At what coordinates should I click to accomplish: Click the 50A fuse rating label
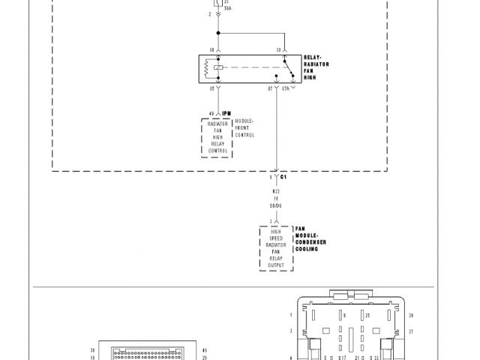(226, 9)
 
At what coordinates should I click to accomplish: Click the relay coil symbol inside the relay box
(217, 68)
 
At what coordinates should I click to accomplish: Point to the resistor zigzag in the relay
(206, 69)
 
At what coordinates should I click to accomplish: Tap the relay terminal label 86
(212, 50)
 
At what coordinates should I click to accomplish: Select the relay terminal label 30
(278, 50)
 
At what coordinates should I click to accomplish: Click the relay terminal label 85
(212, 88)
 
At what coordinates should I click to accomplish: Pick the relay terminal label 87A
(285, 88)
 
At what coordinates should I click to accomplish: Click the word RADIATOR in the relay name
(316, 64)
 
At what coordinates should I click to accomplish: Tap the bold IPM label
(226, 113)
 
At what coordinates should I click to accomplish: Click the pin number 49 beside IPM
(211, 113)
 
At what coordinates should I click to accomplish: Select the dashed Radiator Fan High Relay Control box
(217, 137)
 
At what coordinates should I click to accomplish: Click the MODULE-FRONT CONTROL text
(244, 128)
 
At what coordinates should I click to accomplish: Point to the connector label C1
(284, 178)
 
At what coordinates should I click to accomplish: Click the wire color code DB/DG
(276, 205)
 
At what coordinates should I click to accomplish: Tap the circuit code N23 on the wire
(276, 192)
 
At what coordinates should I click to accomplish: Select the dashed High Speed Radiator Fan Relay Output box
(276, 247)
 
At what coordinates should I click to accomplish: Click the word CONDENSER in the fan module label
(311, 242)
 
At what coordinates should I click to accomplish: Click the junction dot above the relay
(218, 32)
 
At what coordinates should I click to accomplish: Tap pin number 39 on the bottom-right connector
(410, 315)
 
